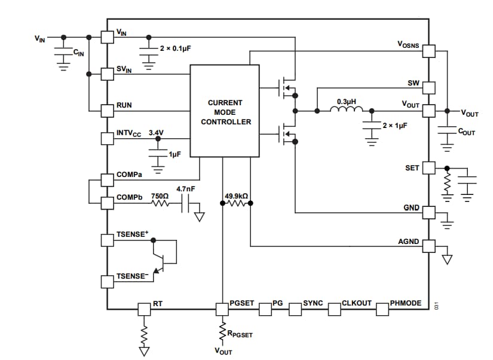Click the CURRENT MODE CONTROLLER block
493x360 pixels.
coord(224,111)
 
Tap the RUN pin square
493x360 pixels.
coord(107,110)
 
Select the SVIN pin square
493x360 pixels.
coord(107,74)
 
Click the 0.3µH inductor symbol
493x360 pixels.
coord(347,109)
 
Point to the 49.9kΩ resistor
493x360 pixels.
coord(236,203)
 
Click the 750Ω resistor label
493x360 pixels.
coord(159,196)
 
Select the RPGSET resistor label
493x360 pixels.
coord(240,334)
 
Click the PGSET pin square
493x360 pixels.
coord(222,309)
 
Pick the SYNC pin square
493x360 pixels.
coord(295,309)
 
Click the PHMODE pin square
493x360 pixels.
coord(382,309)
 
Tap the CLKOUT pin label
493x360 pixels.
coord(357,303)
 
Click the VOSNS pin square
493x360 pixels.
coord(429,51)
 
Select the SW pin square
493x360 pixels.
coord(429,88)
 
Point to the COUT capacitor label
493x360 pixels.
coord(466,132)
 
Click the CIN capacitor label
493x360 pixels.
coord(78,53)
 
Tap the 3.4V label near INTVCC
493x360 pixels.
coord(155,132)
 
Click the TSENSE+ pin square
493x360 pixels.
coord(107,240)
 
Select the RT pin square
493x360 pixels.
coord(144,309)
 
